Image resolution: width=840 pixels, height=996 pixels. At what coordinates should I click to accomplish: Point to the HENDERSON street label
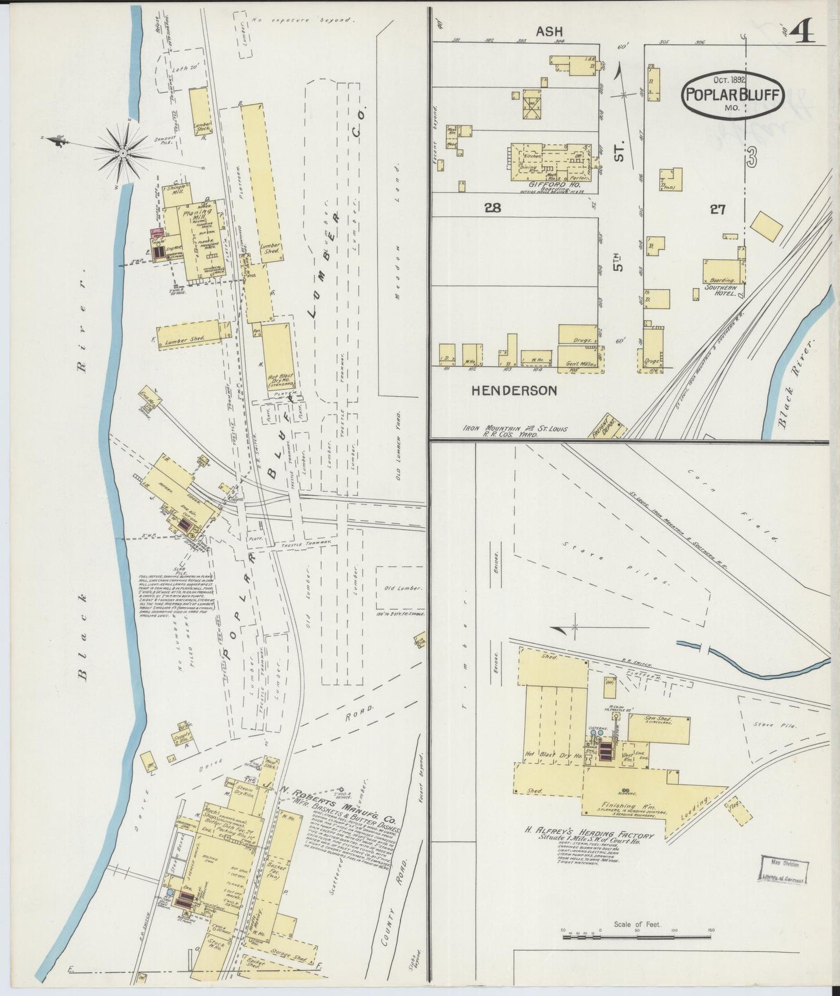[x=513, y=390]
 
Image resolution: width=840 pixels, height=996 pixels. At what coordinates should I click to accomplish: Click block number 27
[x=718, y=209]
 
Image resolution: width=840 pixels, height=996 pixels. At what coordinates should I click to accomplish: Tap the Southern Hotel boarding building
[x=723, y=273]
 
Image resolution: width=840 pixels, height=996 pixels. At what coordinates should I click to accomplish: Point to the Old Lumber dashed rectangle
[x=399, y=589]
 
